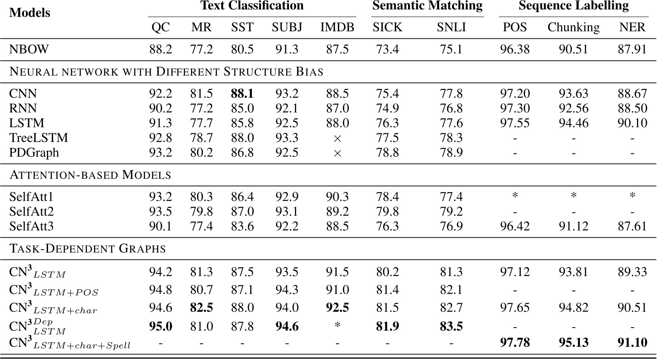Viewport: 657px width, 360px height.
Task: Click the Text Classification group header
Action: pyautogui.click(x=252, y=6)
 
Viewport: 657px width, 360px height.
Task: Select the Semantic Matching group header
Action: pyautogui.click(x=427, y=6)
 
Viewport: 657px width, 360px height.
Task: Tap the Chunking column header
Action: pyautogui.click(x=573, y=27)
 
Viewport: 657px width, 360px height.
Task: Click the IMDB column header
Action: pyautogui.click(x=337, y=27)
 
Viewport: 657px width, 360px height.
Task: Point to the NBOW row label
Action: pyautogui.click(x=29, y=49)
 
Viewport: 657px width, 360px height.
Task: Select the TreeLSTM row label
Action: pyautogui.click(x=38, y=138)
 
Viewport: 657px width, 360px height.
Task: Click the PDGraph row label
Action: pyautogui.click(x=34, y=153)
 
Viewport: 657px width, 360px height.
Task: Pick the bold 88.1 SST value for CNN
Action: pyautogui.click(x=242, y=94)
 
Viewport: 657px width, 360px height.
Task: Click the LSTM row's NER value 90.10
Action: pyautogui.click(x=632, y=123)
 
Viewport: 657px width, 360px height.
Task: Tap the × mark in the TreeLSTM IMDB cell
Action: pyautogui.click(x=337, y=138)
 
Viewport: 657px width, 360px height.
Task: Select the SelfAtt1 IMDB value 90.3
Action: pyautogui.click(x=337, y=197)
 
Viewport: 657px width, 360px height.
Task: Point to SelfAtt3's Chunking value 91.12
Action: pyautogui.click(x=574, y=226)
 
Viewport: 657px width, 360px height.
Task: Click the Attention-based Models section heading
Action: pyautogui.click(x=90, y=175)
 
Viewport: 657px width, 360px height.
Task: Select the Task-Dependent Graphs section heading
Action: pyautogui.click(x=88, y=248)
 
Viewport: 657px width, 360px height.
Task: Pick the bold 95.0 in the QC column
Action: pyautogui.click(x=160, y=326)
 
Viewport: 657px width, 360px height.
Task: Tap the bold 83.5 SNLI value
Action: pyautogui.click(x=451, y=326)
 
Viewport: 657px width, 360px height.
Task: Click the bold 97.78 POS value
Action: pyautogui.click(x=515, y=342)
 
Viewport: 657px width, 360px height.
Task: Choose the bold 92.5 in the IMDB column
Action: pyautogui.click(x=337, y=308)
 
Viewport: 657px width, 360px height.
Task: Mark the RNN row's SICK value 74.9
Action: pyautogui.click(x=387, y=108)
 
